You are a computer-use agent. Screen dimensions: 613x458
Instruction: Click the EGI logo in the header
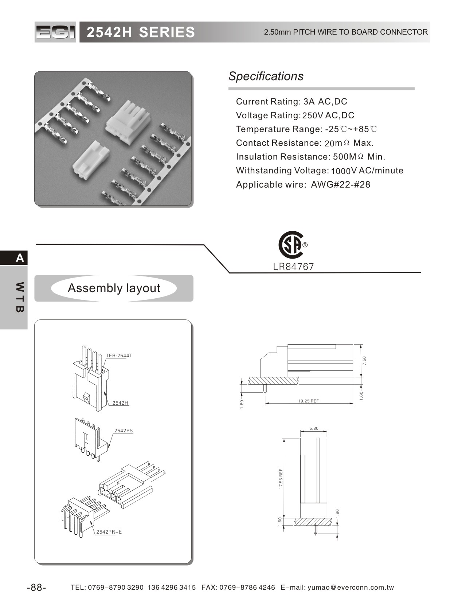(x=55, y=32)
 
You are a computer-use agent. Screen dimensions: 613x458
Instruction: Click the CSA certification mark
(x=291, y=244)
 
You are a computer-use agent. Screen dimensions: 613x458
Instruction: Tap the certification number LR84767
(x=293, y=267)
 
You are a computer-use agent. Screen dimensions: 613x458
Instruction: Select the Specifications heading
(x=266, y=76)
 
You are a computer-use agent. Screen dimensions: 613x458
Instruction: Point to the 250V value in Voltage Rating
(x=313, y=115)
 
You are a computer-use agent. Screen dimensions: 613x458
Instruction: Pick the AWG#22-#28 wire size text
(x=340, y=185)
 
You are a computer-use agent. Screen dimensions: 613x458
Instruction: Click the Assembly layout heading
(x=114, y=288)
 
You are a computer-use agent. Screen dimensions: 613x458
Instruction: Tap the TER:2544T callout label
(x=119, y=355)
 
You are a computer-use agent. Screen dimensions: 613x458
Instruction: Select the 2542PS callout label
(x=124, y=431)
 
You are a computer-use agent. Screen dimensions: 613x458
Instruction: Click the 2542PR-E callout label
(x=109, y=532)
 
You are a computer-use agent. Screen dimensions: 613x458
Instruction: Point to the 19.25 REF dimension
(x=308, y=401)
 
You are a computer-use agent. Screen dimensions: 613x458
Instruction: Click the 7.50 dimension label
(x=364, y=361)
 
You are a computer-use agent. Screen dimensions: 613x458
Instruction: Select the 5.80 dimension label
(x=314, y=428)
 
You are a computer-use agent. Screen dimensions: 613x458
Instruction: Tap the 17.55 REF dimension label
(x=281, y=478)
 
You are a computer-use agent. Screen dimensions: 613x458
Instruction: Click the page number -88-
(x=36, y=588)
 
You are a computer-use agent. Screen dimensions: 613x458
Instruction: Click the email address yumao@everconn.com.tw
(x=351, y=588)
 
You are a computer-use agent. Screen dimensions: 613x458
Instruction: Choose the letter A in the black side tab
(x=20, y=258)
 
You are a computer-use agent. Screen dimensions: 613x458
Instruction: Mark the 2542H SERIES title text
(x=141, y=32)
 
